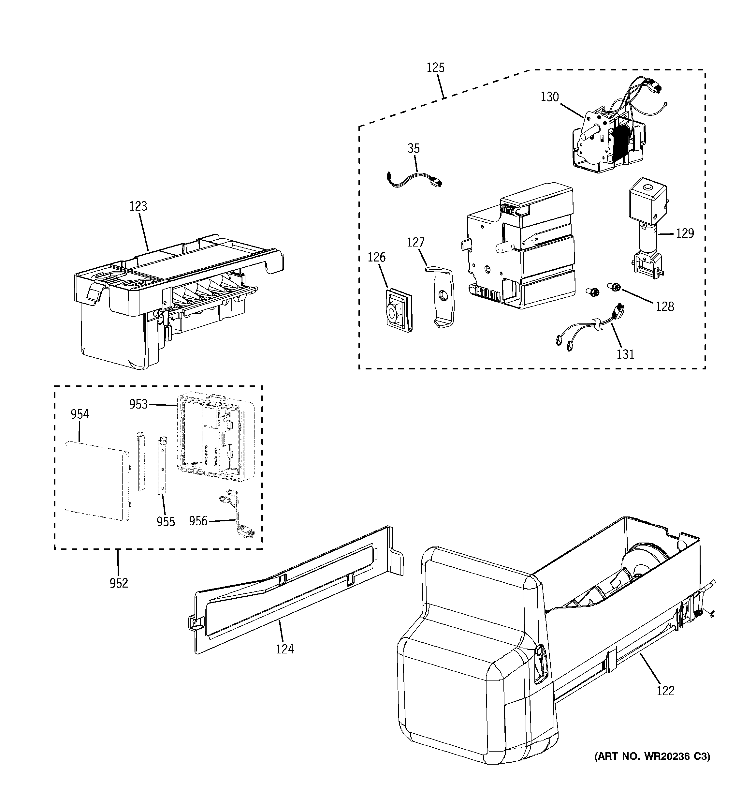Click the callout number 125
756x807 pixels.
pos(435,67)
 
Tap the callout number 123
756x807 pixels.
pos(138,206)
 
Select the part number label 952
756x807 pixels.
pos(119,583)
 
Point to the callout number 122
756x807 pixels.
pos(665,691)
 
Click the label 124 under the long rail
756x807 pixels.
pos(284,649)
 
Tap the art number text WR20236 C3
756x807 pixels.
pos(652,756)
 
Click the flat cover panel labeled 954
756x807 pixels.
pos(96,481)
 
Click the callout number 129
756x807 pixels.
pos(685,233)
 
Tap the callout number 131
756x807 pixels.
pos(625,354)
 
